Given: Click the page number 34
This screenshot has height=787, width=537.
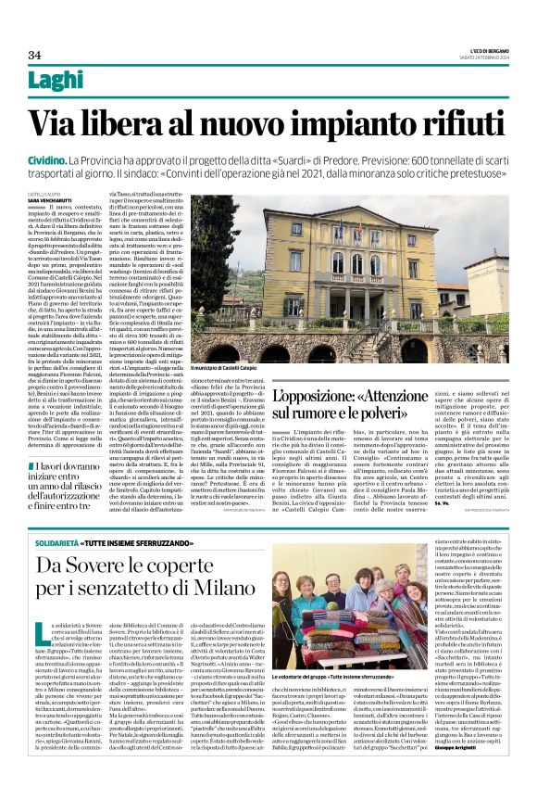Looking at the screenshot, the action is pos(34,55).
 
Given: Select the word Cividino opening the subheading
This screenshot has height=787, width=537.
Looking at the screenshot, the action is pos(51,161).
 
